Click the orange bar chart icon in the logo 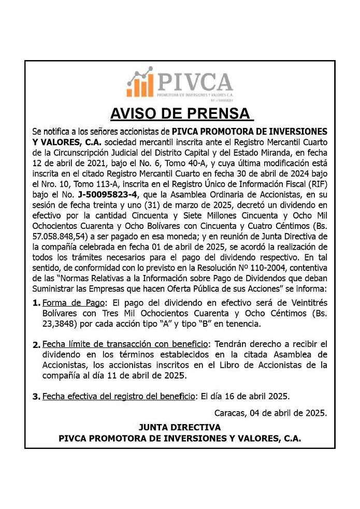pos(140,82)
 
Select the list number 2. pos(36,345)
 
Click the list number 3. pos(36,397)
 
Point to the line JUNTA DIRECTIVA pos(179,427)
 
